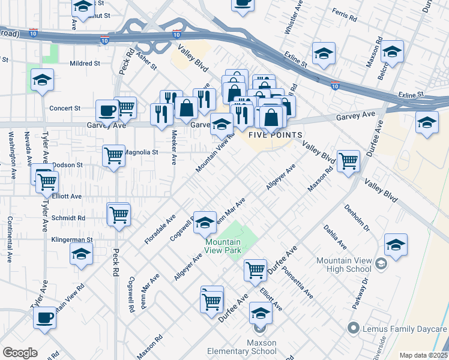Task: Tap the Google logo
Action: (20, 352)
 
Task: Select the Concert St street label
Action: (65, 109)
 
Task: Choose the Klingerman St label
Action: (72, 239)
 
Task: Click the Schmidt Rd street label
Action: (68, 218)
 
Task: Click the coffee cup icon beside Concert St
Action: (107, 110)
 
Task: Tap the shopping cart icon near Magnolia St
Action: (113, 156)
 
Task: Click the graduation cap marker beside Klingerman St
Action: (82, 254)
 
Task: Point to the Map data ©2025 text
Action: (423, 355)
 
